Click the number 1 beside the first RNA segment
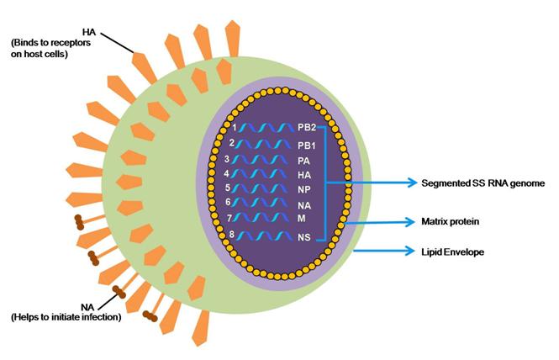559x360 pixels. (238, 127)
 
